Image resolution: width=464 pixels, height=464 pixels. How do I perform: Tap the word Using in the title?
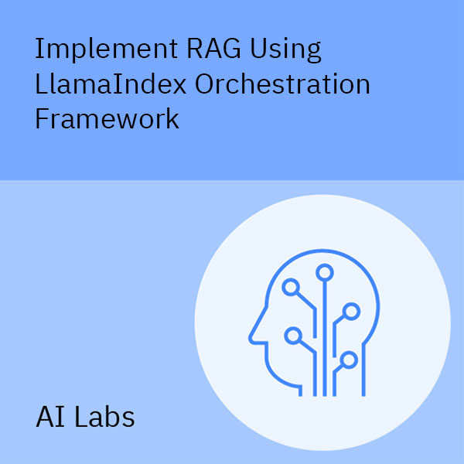(x=286, y=50)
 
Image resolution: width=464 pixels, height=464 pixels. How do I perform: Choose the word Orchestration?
(x=293, y=84)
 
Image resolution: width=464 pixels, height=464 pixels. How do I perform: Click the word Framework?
(x=107, y=119)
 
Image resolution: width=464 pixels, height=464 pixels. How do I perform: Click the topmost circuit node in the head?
(x=324, y=271)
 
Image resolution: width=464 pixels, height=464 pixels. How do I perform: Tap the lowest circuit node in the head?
(x=349, y=359)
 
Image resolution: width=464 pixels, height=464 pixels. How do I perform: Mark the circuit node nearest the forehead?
(x=292, y=288)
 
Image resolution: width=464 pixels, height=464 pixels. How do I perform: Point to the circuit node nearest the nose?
(x=292, y=336)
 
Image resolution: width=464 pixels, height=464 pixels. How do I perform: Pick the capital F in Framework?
(x=43, y=119)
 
